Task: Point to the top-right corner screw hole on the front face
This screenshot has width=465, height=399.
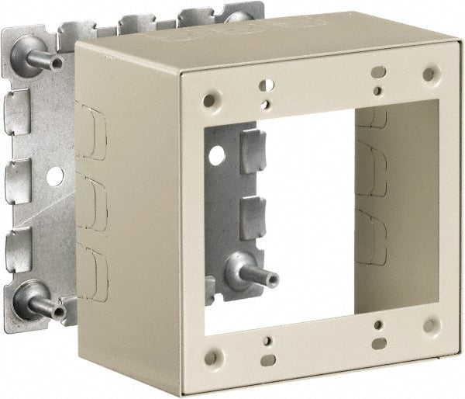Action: click(429, 74)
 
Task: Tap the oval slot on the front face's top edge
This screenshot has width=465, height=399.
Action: click(377, 72)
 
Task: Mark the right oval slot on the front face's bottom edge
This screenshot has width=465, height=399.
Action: click(377, 342)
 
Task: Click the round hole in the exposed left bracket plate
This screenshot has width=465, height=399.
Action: click(54, 175)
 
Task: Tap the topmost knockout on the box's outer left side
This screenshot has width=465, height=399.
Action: click(95, 135)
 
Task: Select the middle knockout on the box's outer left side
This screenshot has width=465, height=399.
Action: click(95, 204)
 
